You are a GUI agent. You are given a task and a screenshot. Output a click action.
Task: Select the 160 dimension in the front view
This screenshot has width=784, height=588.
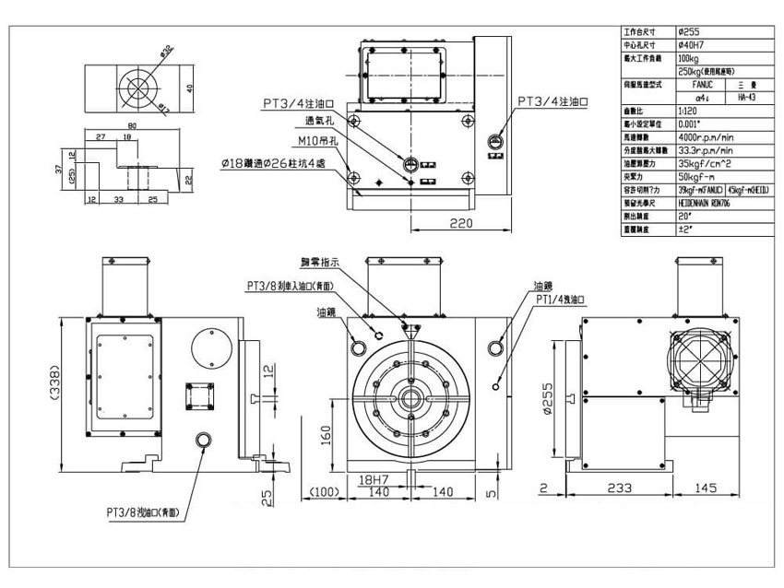point(326,432)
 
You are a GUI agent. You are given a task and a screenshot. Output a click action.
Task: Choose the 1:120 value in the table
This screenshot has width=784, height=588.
point(689,109)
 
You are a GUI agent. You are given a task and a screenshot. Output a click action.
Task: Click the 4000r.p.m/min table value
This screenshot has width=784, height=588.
point(706,135)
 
